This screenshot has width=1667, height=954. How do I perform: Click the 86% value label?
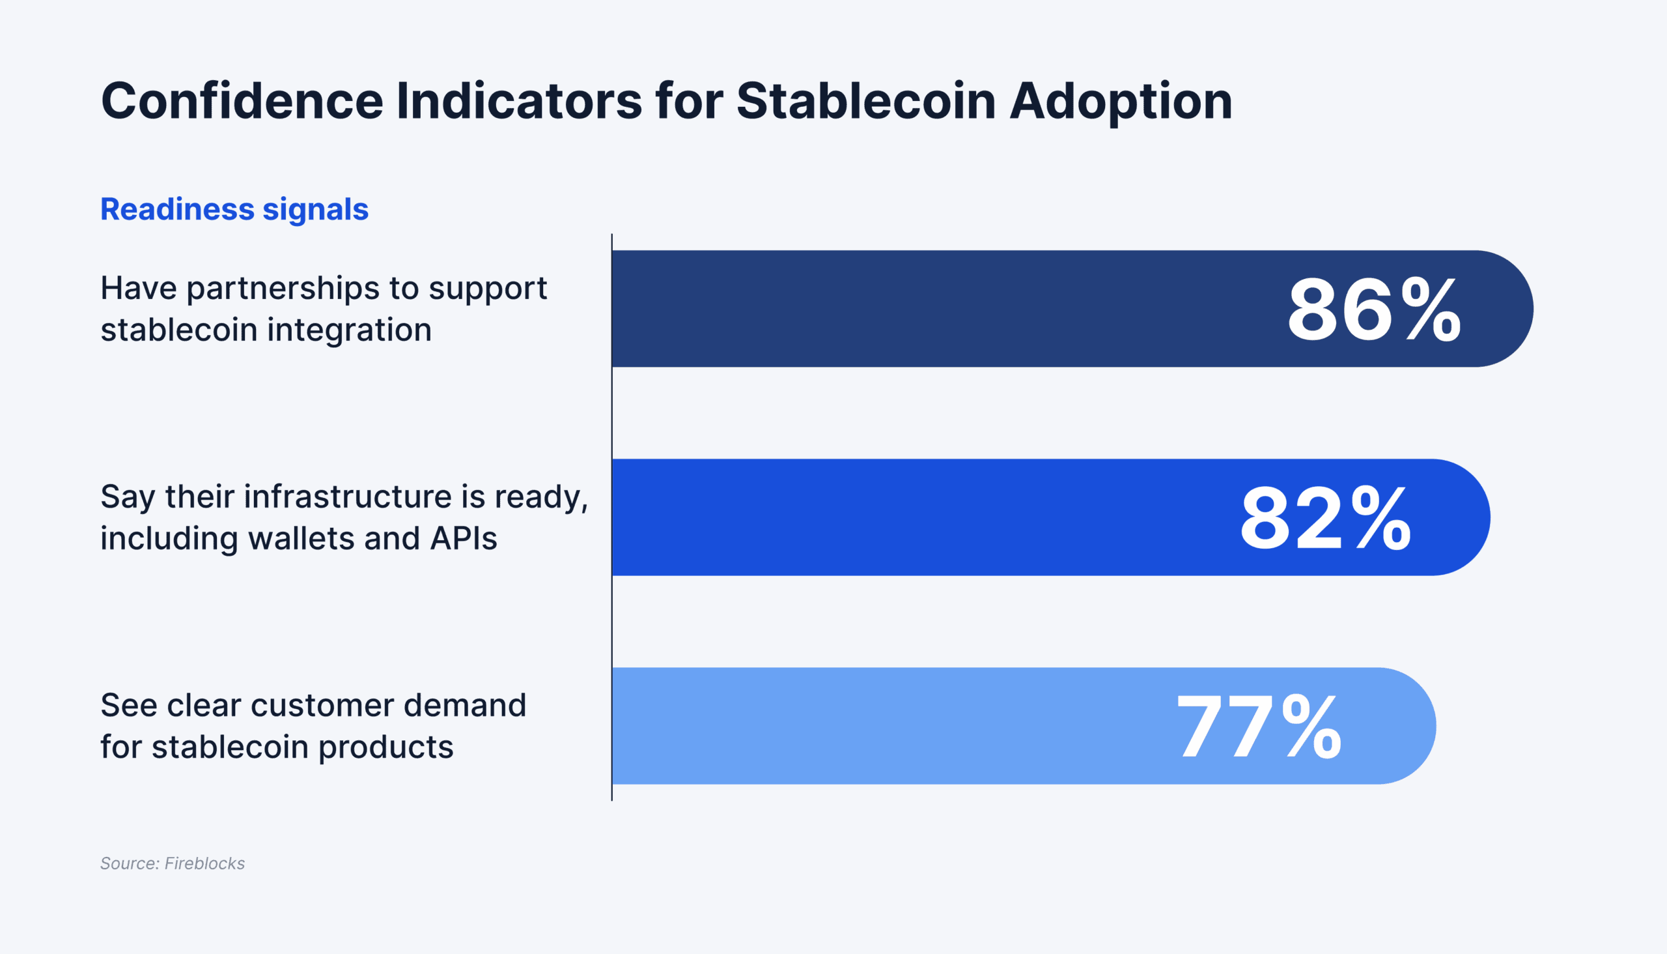tap(1374, 310)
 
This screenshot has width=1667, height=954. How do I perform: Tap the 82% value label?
tap(1325, 518)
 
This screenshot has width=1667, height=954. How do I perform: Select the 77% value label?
tap(1259, 727)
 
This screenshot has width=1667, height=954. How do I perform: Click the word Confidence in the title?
tap(242, 101)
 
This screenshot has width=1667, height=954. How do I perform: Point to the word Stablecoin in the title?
tap(865, 101)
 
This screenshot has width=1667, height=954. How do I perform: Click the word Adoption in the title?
tap(1120, 102)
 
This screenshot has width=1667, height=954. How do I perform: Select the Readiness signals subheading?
tap(234, 210)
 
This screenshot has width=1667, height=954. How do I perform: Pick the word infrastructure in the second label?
tap(348, 497)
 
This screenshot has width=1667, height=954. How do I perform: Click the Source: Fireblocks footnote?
tap(172, 863)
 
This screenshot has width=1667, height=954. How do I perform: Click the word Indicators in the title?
tap(518, 101)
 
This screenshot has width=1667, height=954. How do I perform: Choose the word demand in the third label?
tap(465, 706)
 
